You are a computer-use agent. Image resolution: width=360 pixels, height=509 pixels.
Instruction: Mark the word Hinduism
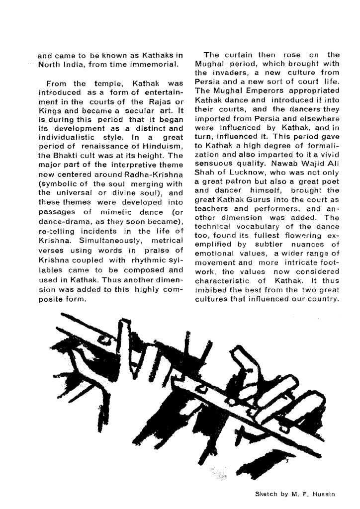point(165,149)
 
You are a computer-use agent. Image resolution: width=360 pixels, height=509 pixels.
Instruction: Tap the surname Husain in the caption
point(325,494)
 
